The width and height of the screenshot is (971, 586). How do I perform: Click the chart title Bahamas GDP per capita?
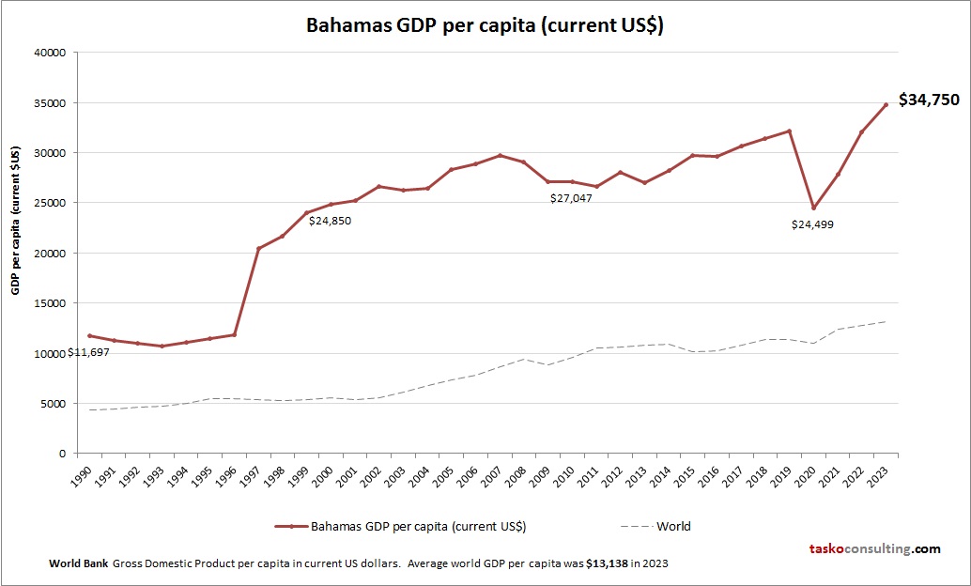pyautogui.click(x=485, y=25)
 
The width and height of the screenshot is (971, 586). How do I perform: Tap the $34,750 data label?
pyautogui.click(x=929, y=100)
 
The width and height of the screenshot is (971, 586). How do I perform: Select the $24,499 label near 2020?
pyautogui.click(x=812, y=224)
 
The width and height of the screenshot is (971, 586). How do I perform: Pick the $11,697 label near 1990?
pyautogui.click(x=88, y=352)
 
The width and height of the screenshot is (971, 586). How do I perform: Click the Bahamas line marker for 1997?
pyautogui.click(x=258, y=249)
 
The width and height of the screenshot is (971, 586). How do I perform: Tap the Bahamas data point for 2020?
pyautogui.click(x=813, y=208)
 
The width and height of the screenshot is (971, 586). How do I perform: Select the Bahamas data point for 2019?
pyautogui.click(x=789, y=131)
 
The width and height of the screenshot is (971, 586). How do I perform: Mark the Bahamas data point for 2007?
pyautogui.click(x=500, y=156)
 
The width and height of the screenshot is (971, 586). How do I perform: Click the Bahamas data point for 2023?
pyautogui.click(x=886, y=105)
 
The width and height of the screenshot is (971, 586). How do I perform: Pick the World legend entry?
pyautogui.click(x=673, y=526)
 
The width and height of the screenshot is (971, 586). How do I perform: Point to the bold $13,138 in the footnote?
pyautogui.click(x=608, y=563)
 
